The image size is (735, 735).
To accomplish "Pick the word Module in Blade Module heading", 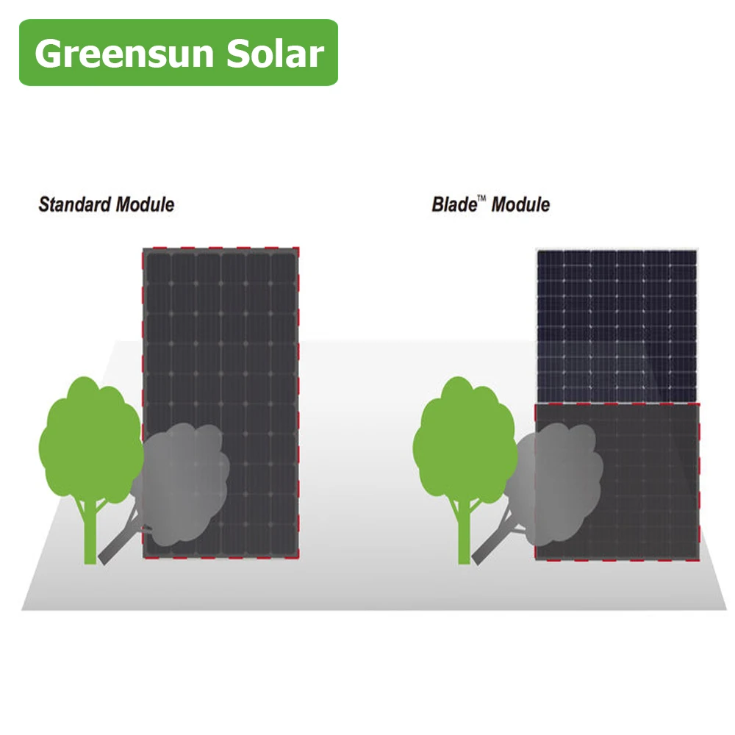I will point(520,204).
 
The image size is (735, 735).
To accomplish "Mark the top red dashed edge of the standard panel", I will point(220,248).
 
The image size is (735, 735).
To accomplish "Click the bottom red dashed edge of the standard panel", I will point(220,559).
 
